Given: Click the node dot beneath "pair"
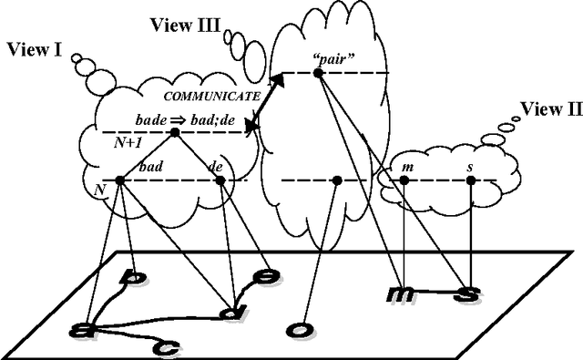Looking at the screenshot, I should click(319, 73).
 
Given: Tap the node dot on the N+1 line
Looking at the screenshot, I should click(174, 133).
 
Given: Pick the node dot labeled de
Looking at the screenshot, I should click(220, 180).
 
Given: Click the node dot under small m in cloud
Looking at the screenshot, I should click(404, 180).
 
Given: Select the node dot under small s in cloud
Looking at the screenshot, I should click(471, 180).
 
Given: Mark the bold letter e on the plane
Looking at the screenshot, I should click(265, 275).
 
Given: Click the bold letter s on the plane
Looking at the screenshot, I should click(468, 293).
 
